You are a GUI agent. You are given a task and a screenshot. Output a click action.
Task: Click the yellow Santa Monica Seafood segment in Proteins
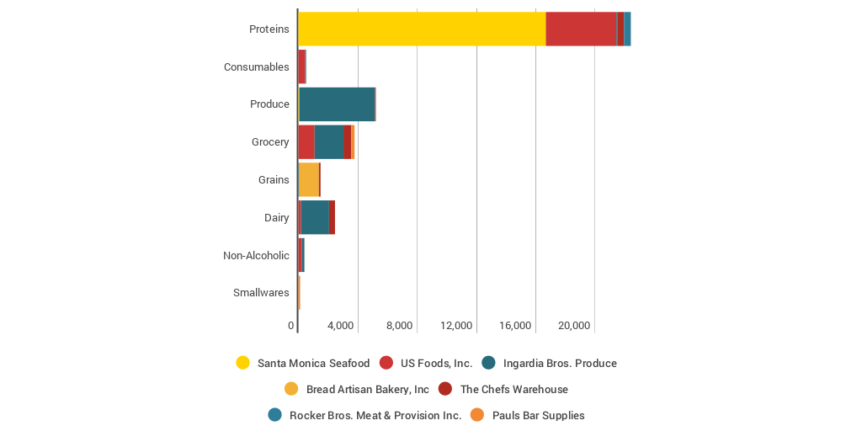coord(422,29)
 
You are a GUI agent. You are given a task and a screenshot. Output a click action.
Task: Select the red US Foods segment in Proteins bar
coord(581,29)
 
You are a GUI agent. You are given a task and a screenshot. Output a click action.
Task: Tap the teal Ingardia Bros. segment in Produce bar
coord(337,104)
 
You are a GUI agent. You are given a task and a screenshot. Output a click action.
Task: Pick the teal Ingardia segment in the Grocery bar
coord(328,142)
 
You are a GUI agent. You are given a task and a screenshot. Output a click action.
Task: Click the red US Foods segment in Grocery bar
coord(306,142)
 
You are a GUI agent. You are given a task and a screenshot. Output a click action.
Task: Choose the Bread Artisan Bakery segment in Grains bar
coord(309,179)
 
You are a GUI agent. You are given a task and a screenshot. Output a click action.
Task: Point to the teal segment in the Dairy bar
coord(315,217)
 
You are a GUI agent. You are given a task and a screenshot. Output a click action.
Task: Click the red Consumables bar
coord(302,67)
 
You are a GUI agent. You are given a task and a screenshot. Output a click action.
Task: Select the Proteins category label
coord(269,29)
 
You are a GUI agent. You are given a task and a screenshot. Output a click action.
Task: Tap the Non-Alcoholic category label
coord(256,256)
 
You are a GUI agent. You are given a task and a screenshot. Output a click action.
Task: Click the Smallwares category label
coord(261,293)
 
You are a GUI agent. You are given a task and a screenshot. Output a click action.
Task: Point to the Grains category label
coord(274,180)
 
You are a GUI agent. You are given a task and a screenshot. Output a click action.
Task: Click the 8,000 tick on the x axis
coord(399,326)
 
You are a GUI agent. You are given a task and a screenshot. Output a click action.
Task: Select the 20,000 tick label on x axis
coord(576,326)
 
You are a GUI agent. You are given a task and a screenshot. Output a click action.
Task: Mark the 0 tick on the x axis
coord(291,326)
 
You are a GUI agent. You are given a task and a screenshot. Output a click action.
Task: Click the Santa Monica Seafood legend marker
coord(243,363)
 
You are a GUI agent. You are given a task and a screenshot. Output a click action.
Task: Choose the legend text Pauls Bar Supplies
coord(538,415)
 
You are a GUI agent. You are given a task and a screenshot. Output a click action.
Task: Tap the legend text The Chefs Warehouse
coord(513,389)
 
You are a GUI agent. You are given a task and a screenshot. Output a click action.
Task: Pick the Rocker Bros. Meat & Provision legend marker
coord(274,415)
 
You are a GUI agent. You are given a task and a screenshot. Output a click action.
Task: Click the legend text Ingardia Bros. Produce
coord(560,363)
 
